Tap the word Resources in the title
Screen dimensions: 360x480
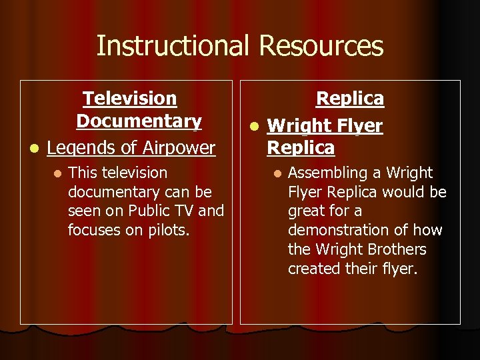(321, 46)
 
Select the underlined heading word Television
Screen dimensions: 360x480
(130, 99)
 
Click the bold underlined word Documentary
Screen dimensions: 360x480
(139, 121)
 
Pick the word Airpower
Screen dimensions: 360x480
(176, 147)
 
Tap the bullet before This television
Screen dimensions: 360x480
(57, 173)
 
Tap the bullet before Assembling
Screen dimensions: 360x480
(277, 173)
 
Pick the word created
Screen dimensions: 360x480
(314, 269)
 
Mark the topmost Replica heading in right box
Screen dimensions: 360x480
(349, 99)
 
